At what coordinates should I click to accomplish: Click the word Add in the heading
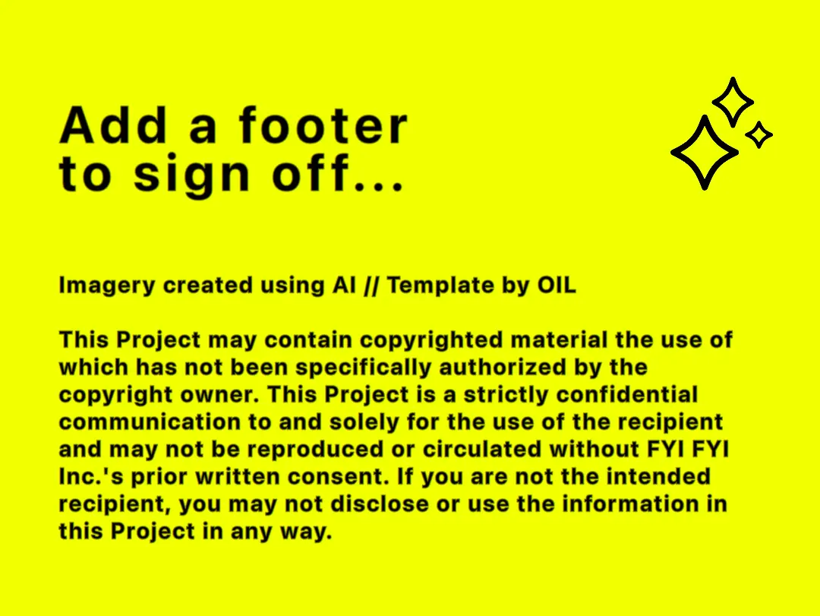tap(113, 126)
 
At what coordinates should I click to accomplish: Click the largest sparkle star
tap(705, 152)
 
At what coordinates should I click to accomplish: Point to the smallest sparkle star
tap(758, 135)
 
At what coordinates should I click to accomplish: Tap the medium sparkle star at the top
tap(732, 101)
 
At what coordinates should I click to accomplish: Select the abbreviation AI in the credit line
tap(344, 286)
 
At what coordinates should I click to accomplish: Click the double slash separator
tap(372, 286)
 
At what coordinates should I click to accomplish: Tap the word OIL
tap(557, 286)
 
